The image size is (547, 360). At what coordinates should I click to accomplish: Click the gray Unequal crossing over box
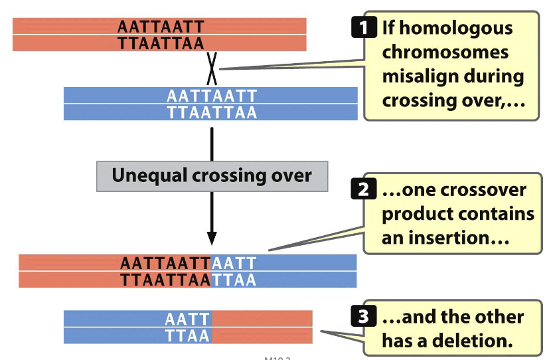[212, 176]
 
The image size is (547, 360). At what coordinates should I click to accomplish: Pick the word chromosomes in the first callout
[445, 52]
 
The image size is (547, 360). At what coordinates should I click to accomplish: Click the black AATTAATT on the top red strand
[160, 26]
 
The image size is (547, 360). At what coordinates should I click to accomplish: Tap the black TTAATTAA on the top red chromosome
[160, 43]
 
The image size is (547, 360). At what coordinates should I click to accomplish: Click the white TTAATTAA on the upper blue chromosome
[212, 112]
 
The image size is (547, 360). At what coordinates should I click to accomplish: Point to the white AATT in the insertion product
[234, 263]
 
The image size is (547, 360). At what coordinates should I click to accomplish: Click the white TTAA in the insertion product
[234, 280]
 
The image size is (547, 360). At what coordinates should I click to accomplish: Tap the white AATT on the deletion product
[187, 319]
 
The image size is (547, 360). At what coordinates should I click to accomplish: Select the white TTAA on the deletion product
[187, 335]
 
